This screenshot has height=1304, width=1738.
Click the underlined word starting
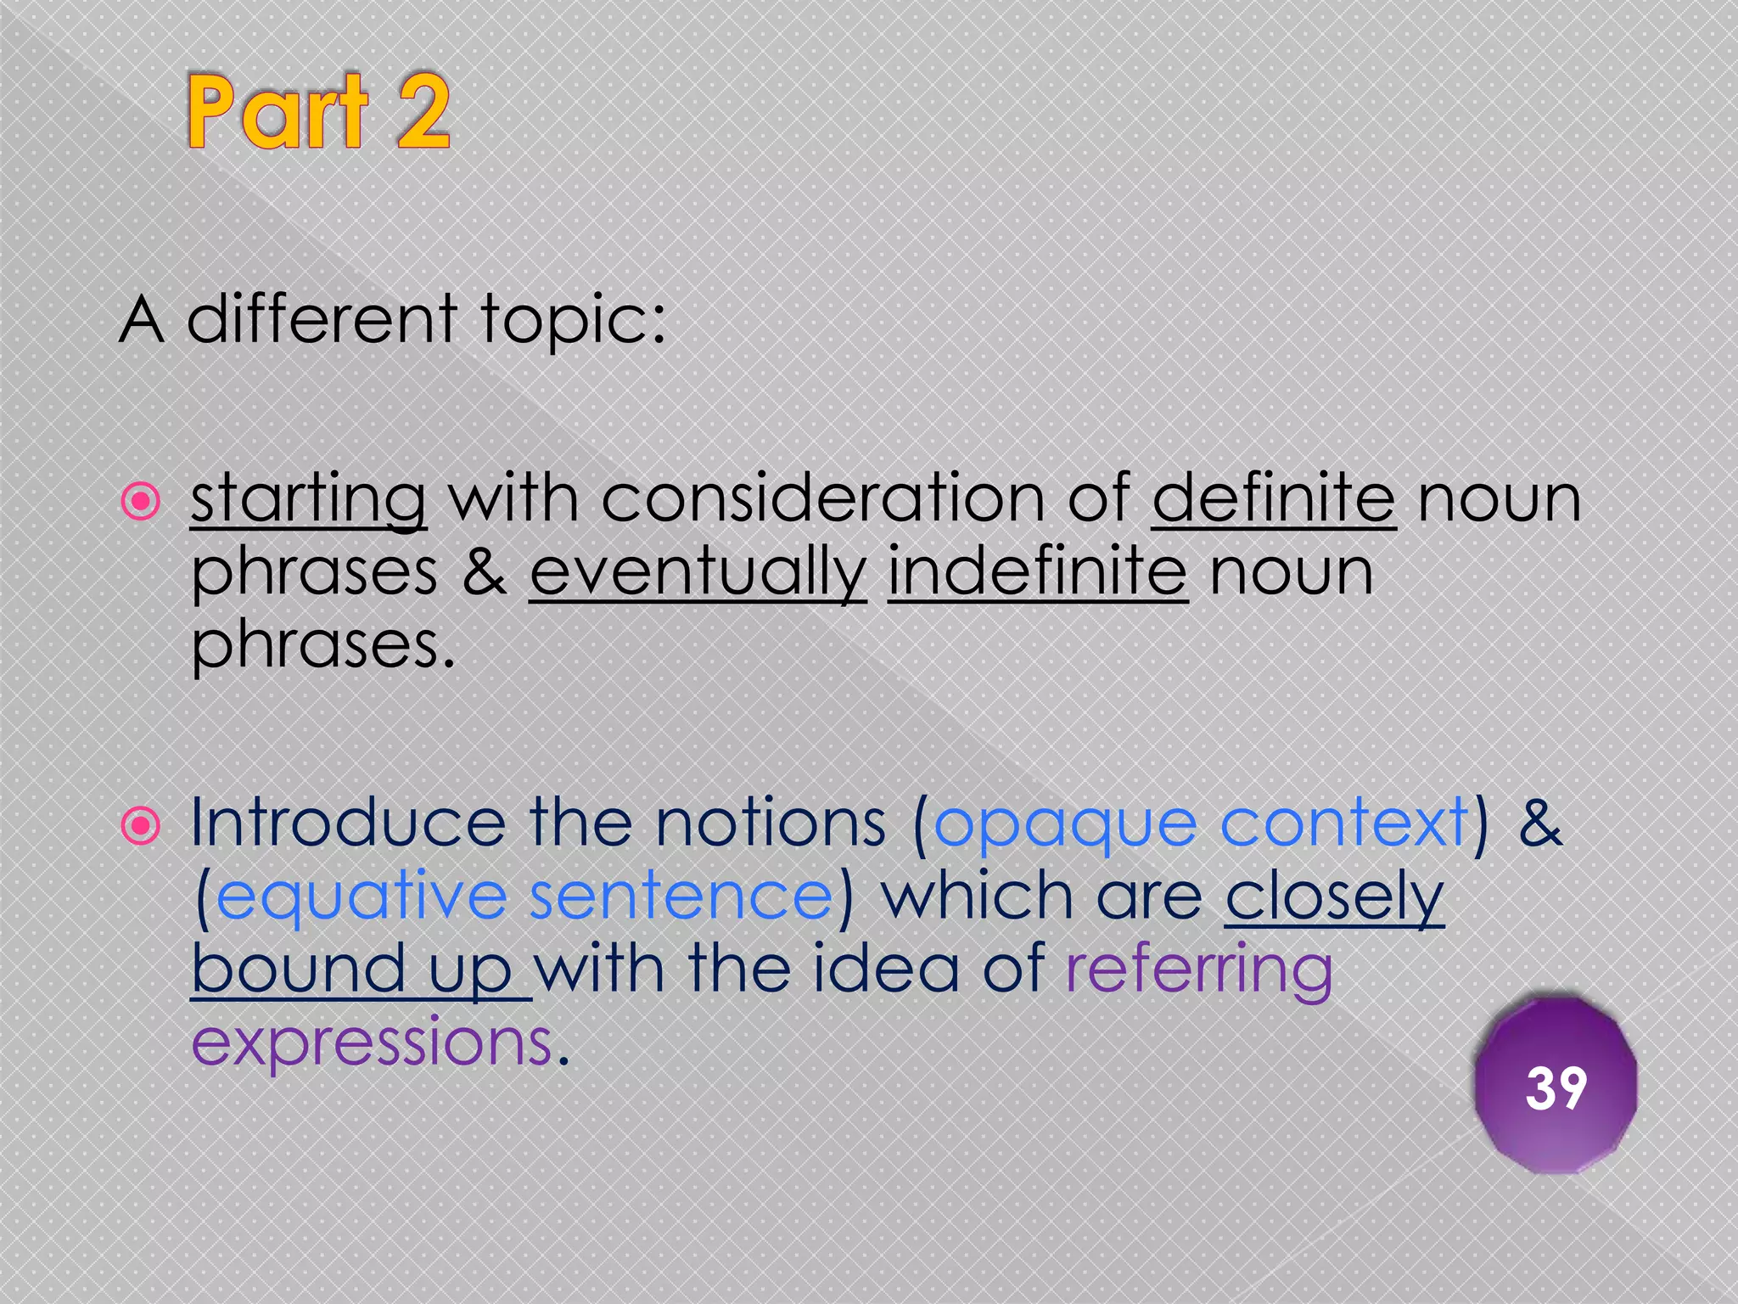pos(308,500)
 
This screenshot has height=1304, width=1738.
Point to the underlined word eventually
pos(698,573)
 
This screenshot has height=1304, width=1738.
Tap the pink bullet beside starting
pos(141,501)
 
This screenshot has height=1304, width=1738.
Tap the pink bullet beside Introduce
pos(141,825)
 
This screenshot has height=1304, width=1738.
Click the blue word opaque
pos(1065,825)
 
